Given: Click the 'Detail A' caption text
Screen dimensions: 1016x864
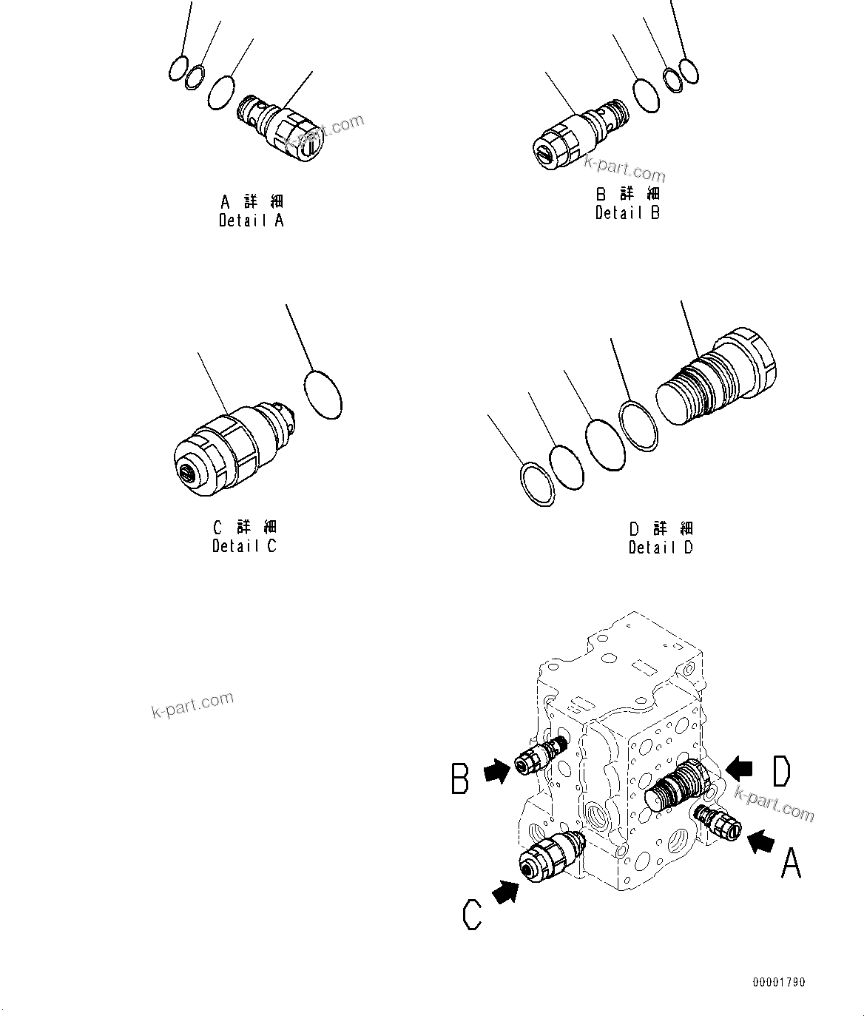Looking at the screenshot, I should [251, 220].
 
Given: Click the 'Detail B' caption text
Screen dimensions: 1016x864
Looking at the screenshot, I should [627, 212].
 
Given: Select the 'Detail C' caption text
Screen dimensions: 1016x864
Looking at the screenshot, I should [244, 546].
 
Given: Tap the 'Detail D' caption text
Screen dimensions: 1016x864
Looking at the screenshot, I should [661, 548].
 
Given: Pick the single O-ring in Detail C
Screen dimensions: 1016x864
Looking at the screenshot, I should [323, 394].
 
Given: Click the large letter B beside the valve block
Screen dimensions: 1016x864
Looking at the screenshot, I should [460, 780].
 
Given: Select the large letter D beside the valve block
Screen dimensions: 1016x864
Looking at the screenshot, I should [780, 771].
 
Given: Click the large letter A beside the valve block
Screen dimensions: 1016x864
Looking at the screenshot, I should [791, 863].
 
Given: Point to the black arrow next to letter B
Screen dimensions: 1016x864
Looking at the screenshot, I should [496, 773].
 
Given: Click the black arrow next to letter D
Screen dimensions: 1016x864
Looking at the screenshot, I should [740, 769].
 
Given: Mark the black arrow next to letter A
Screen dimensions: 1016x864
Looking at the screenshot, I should [762, 841].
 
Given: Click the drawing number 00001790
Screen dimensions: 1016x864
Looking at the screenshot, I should [779, 983].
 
